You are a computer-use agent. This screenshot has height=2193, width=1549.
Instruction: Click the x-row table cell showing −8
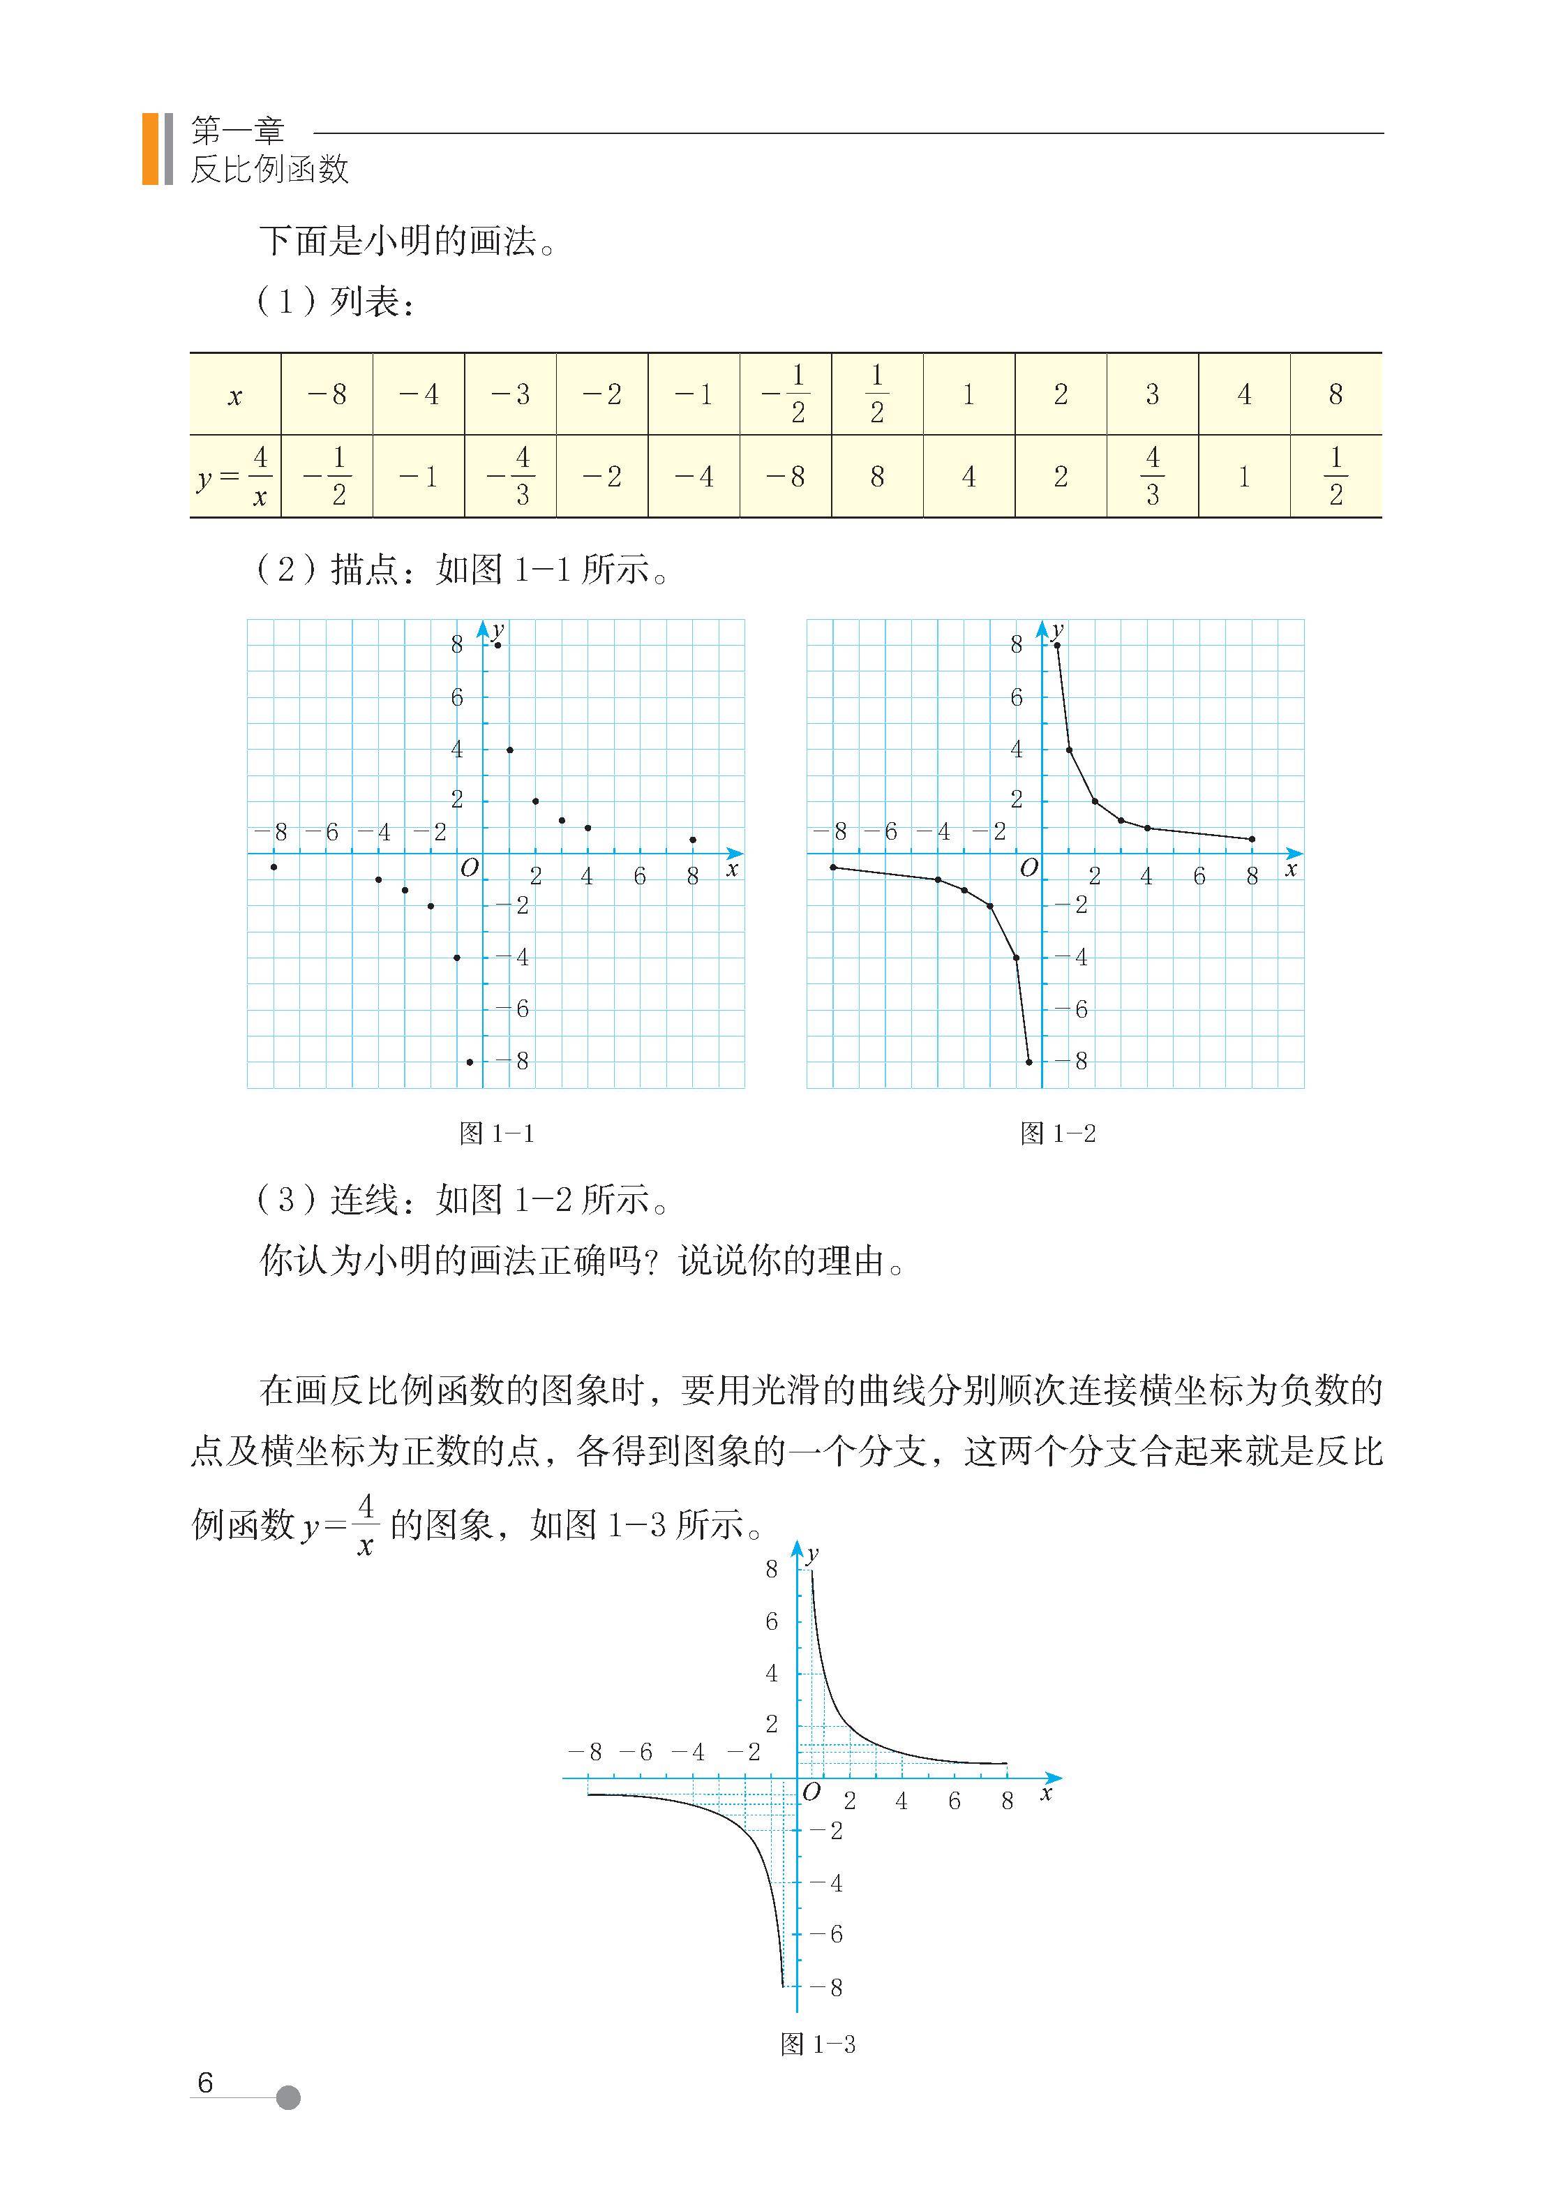327,394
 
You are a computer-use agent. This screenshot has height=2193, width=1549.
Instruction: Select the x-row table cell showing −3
510,394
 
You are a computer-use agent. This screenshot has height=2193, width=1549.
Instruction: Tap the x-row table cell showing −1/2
785,394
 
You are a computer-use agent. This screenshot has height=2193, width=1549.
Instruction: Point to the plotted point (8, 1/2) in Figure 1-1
692,840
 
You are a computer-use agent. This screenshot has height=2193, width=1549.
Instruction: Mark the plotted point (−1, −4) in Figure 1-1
456,957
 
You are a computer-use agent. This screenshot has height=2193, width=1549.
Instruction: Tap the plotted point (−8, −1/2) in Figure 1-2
832,866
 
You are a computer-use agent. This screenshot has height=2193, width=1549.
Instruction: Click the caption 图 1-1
497,1133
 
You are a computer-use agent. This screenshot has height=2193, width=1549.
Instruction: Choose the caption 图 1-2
1057,1133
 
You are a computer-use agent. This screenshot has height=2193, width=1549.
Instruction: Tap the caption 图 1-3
818,2044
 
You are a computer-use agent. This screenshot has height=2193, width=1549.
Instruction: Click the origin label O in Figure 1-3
811,1792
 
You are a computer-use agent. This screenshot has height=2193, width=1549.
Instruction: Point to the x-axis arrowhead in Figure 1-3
1054,1778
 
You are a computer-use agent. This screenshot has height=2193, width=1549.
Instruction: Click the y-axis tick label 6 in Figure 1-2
1016,698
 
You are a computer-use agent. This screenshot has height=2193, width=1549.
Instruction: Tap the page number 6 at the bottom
204,2082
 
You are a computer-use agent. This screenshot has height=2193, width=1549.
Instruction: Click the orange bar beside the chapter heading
150,148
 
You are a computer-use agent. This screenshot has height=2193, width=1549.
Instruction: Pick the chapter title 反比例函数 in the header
269,169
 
